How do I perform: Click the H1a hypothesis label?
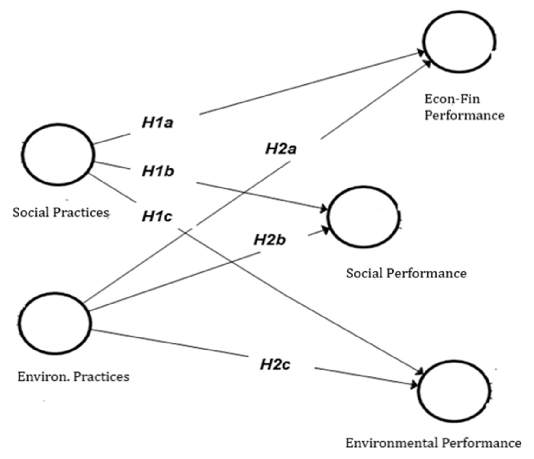[158, 123]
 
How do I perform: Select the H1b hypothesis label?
[158, 171]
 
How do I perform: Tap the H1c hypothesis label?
[157, 216]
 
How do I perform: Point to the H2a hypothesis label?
[281, 149]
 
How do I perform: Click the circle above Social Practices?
[58, 154]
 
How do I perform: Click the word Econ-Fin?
[452, 99]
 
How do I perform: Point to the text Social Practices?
[61, 212]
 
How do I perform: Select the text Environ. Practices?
[74, 377]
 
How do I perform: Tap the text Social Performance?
[406, 273]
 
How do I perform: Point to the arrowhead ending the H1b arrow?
[324, 209]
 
